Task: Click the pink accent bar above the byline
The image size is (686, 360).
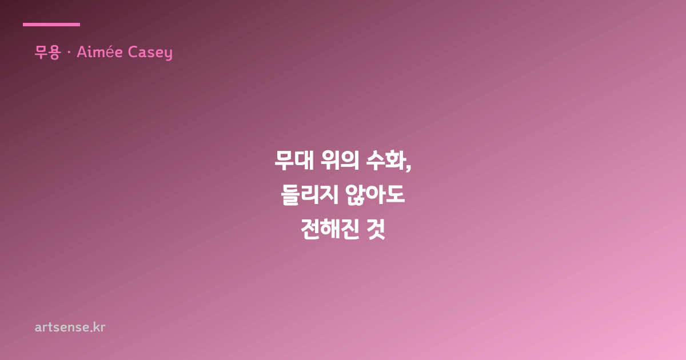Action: pos(51,25)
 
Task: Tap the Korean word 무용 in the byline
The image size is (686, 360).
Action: pos(47,53)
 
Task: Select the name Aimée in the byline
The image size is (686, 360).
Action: pos(99,51)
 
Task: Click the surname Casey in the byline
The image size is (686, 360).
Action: pos(150,53)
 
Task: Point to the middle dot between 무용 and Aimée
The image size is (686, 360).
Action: pos(69,53)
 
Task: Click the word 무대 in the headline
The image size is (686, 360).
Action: pos(294,160)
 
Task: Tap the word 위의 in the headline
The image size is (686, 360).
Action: pos(340,160)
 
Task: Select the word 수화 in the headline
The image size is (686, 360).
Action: pos(385,160)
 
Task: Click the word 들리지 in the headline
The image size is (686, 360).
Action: pos(310,194)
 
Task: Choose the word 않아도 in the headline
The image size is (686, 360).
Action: pos(375,194)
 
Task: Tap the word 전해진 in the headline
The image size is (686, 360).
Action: pos(329,229)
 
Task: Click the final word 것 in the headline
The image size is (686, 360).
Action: pos(376,229)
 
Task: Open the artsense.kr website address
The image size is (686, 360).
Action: pos(70,327)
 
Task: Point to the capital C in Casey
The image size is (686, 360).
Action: pos(132,52)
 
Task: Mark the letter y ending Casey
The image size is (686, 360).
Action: pos(169,54)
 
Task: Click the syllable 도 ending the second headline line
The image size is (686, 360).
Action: pos(396,194)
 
